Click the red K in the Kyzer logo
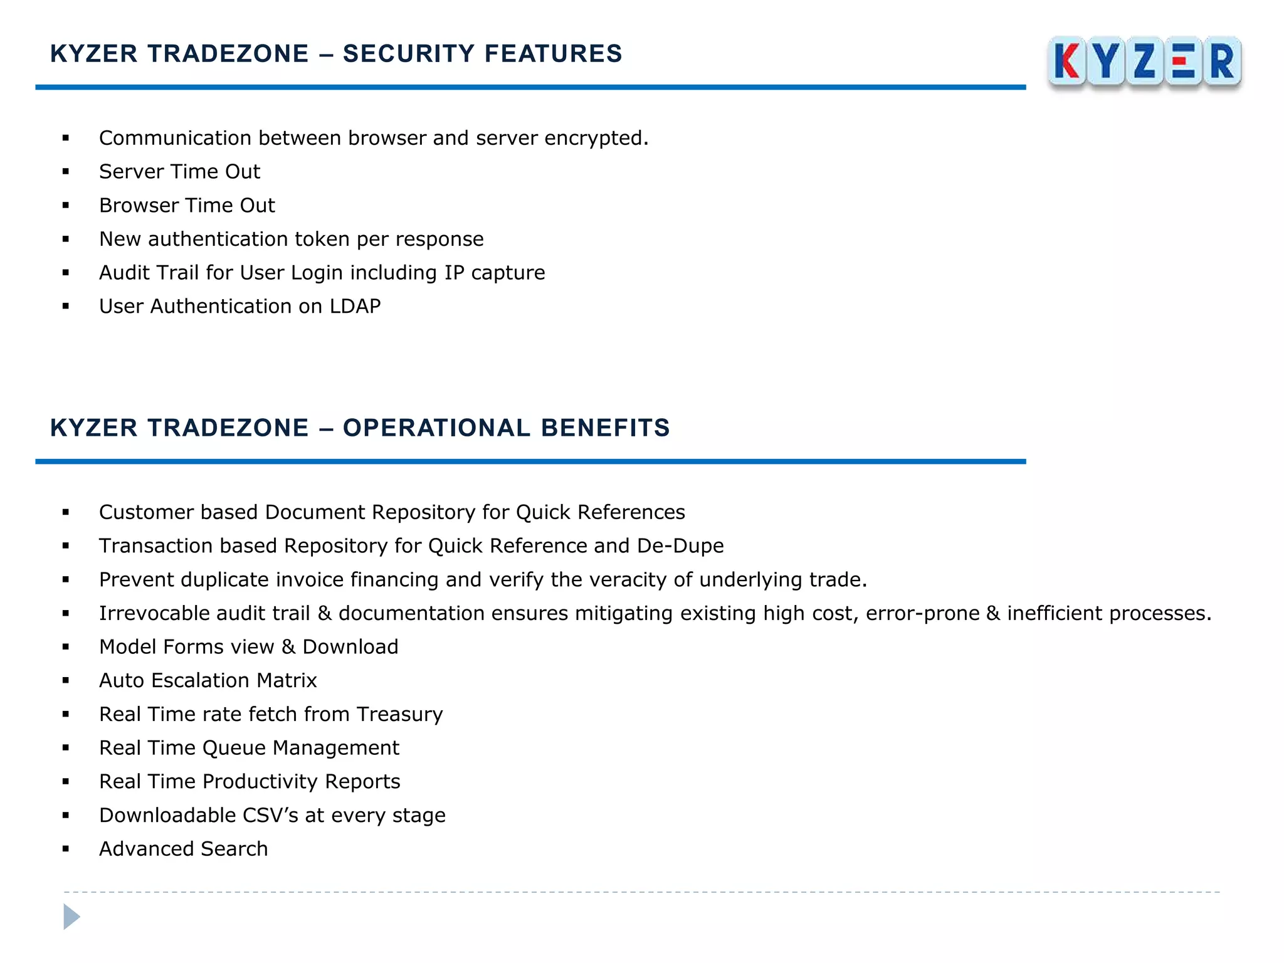[x=1066, y=61]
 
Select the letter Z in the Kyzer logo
[x=1144, y=61]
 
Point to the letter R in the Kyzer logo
[x=1222, y=61]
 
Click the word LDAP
[x=355, y=307]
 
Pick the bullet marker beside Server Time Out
[x=66, y=172]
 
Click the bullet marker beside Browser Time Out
[x=66, y=206]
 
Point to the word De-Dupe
[x=680, y=546]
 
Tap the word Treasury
[x=399, y=715]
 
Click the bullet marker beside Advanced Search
[x=66, y=850]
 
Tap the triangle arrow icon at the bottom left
[x=71, y=917]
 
